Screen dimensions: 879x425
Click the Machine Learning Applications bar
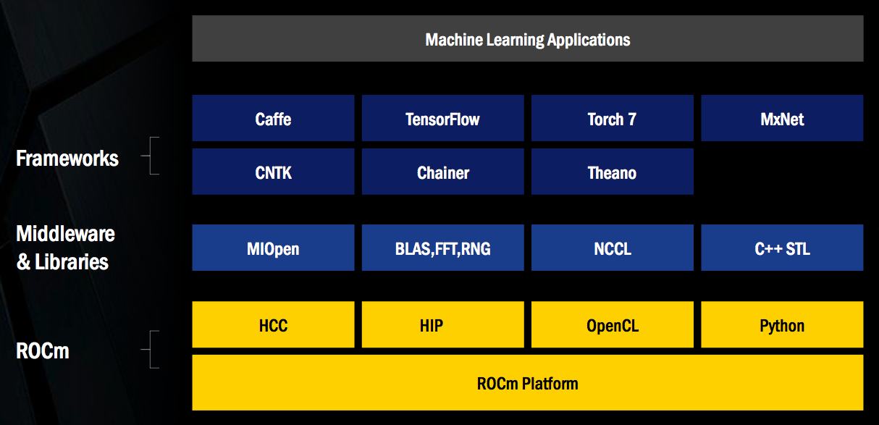[528, 38]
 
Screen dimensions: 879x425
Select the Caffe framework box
[273, 118]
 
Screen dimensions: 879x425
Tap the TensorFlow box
[442, 118]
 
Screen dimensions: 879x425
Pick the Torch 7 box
[612, 118]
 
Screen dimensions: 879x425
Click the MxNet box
[782, 118]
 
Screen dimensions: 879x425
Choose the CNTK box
[273, 172]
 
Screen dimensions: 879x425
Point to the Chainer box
[442, 172]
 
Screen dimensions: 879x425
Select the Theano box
[612, 172]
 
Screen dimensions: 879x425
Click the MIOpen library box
[273, 248]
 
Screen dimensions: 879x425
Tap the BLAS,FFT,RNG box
[442, 248]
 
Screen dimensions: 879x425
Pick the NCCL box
[612, 248]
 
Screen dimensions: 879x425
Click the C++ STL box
[782, 248]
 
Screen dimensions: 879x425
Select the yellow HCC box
[273, 324]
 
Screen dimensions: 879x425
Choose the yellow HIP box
[442, 324]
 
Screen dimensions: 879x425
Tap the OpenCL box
[612, 324]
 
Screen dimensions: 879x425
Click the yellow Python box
[782, 324]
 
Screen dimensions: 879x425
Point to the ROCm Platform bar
[528, 382]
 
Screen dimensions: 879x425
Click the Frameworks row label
[67, 159]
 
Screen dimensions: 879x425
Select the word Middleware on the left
[66, 234]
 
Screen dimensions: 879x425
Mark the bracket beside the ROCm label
[151, 349]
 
